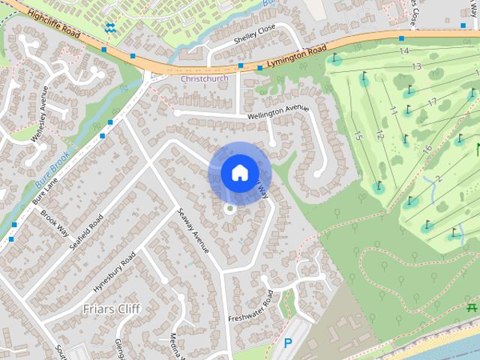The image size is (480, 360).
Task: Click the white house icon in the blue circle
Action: [x=238, y=172]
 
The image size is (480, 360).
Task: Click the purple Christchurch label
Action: [x=204, y=78]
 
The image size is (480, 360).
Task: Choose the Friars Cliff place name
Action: [x=112, y=308]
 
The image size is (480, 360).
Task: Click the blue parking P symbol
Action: [x=287, y=344]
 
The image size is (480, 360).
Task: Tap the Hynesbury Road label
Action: [x=114, y=273]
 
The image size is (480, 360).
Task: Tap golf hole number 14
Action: [x=404, y=51]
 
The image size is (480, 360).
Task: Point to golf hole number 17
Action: [x=431, y=102]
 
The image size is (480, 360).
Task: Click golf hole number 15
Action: [x=358, y=136]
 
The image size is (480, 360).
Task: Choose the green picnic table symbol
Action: [x=471, y=307]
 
